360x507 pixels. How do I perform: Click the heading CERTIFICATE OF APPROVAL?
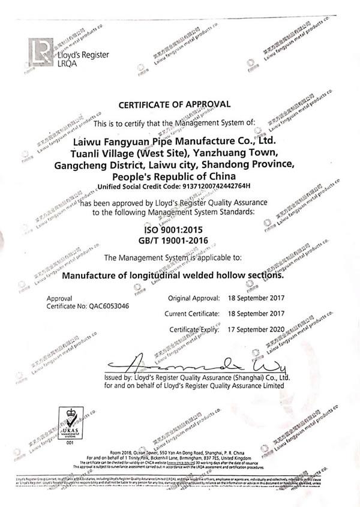tap(174, 104)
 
